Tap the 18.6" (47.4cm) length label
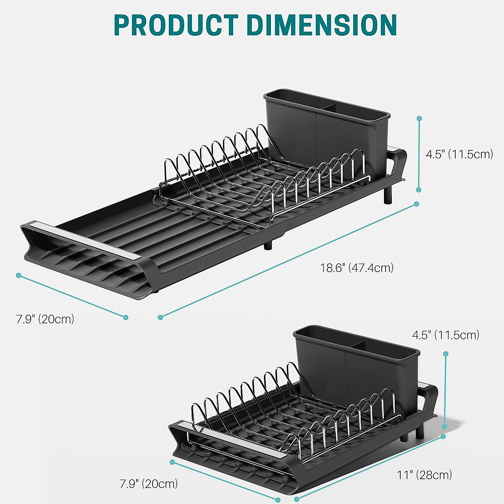coord(357,268)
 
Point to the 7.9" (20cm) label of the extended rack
coord(45,319)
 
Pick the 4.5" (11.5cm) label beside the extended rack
coord(459,154)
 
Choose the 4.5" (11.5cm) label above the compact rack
coord(445,335)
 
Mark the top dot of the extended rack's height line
coord(419,119)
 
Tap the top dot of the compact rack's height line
coord(446,354)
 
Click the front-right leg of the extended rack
coord(389,194)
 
